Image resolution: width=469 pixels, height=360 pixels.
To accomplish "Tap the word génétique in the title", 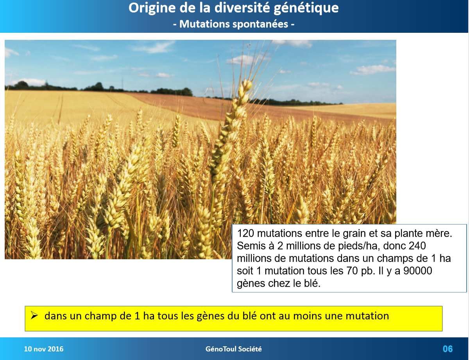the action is pos(306,8).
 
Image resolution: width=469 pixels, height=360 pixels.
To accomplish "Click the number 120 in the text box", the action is pos(245,233).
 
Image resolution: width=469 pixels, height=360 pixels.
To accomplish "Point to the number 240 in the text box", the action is pos(418,246).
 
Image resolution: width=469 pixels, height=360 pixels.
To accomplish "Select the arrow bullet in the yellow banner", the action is pos(34,315).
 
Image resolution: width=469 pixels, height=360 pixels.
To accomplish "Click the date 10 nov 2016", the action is pos(44,349).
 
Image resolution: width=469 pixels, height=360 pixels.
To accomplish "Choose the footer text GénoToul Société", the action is pos(234,349).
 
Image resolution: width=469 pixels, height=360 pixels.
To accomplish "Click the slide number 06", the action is pos(448,349).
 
